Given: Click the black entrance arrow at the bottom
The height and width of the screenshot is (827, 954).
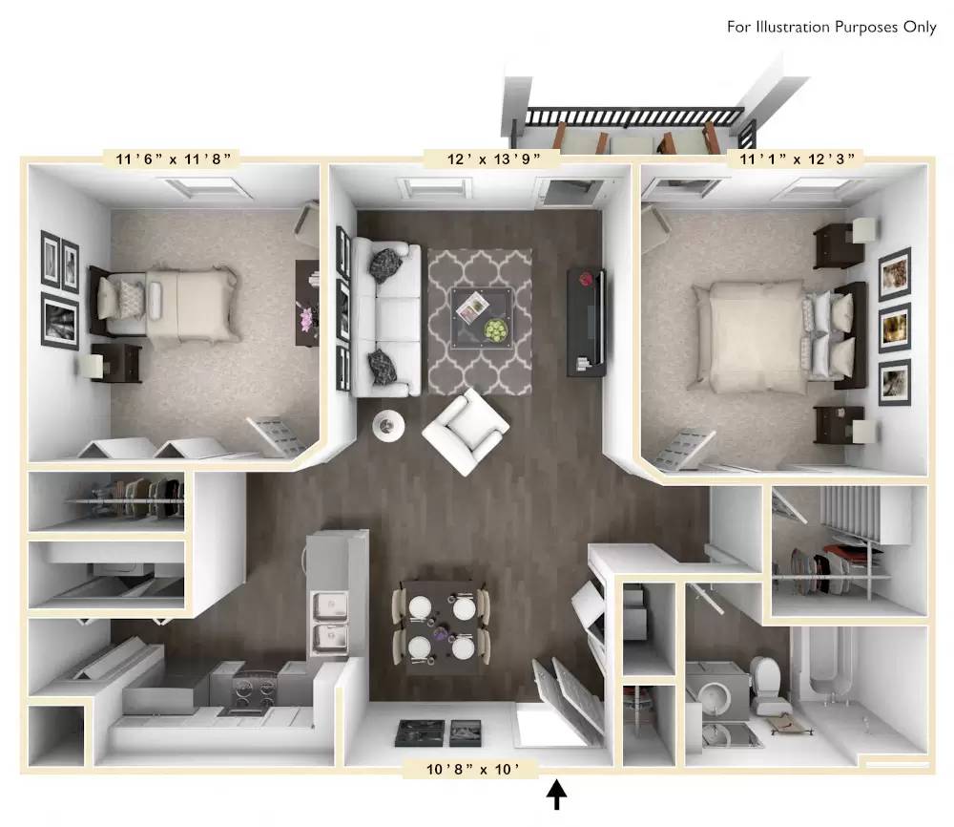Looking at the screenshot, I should pyautogui.click(x=557, y=793).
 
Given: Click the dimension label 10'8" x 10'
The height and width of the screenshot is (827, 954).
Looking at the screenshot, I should pyautogui.click(x=470, y=769).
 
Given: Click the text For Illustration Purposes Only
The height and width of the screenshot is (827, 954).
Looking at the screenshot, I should pyautogui.click(x=832, y=27).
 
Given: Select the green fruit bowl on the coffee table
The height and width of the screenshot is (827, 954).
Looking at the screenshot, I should pyautogui.click(x=496, y=330).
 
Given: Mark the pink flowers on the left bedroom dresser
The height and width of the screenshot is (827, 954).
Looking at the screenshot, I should pyautogui.click(x=305, y=318).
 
